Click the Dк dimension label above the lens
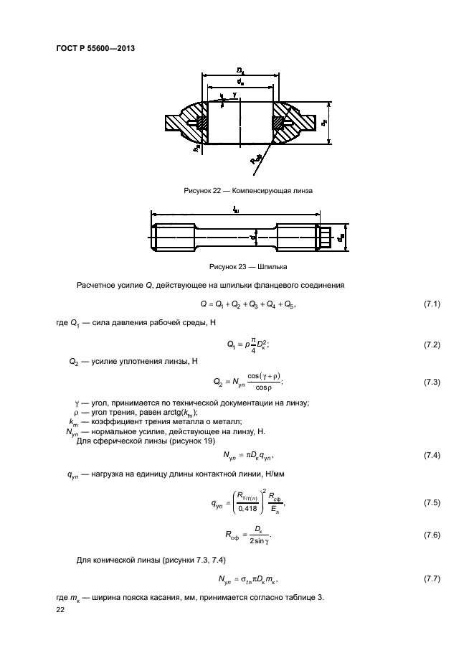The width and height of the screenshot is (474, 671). coord(240,70)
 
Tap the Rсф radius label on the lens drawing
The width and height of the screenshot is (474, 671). coord(255,161)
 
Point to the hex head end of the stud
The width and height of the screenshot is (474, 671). coord(326,235)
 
